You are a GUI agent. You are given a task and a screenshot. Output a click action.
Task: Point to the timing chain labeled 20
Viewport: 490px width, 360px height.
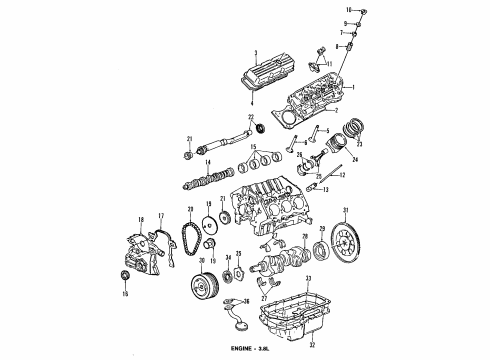coord(186,246)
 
